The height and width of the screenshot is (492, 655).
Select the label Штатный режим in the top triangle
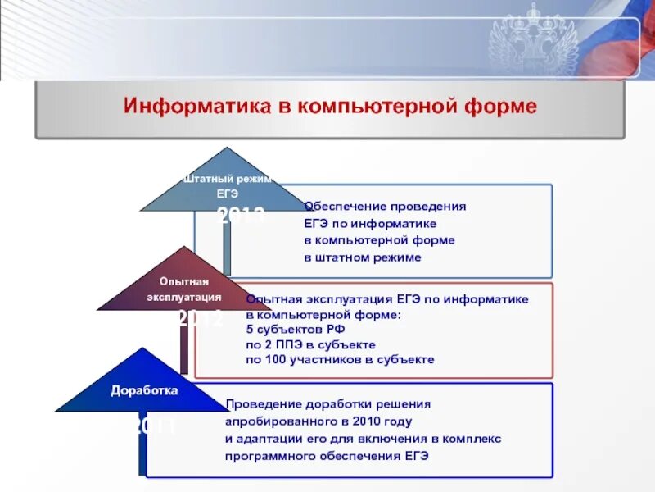click(x=227, y=179)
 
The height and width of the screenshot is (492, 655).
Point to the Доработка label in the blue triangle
click(x=144, y=391)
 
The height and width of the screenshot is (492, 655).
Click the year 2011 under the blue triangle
click(x=156, y=426)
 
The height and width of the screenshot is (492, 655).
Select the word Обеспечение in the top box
click(x=345, y=207)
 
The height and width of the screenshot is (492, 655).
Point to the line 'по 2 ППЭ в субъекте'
click(x=310, y=344)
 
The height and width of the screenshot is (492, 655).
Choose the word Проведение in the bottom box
click(x=261, y=404)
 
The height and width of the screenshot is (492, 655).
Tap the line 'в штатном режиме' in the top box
click(x=363, y=257)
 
